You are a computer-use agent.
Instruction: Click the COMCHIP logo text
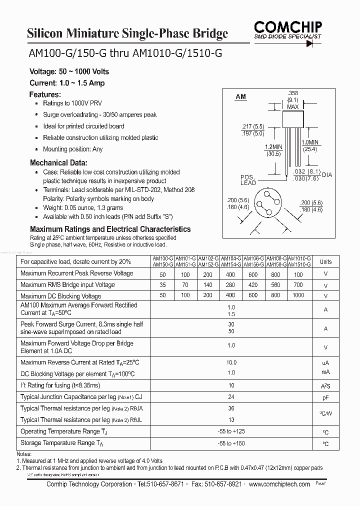(288, 25)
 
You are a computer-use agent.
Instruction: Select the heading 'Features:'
(45, 94)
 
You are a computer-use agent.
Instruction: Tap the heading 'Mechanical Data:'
(58, 163)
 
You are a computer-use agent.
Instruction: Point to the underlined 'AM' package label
(240, 96)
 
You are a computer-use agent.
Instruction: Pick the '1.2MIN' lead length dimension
(273, 146)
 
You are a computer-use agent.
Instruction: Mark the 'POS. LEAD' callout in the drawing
(248, 180)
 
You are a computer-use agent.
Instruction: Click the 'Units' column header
(325, 261)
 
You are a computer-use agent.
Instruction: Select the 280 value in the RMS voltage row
(230, 284)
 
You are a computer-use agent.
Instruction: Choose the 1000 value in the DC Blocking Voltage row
(298, 295)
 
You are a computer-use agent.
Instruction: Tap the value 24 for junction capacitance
(231, 396)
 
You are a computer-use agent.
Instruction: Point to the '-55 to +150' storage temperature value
(231, 443)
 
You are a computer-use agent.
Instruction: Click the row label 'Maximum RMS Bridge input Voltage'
(67, 284)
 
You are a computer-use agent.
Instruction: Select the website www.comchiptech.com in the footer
(279, 484)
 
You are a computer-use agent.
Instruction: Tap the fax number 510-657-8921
(224, 484)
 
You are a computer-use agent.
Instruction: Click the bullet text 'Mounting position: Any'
(73, 149)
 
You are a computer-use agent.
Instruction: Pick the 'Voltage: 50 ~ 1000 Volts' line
(69, 71)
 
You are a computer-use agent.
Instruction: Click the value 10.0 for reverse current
(231, 362)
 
